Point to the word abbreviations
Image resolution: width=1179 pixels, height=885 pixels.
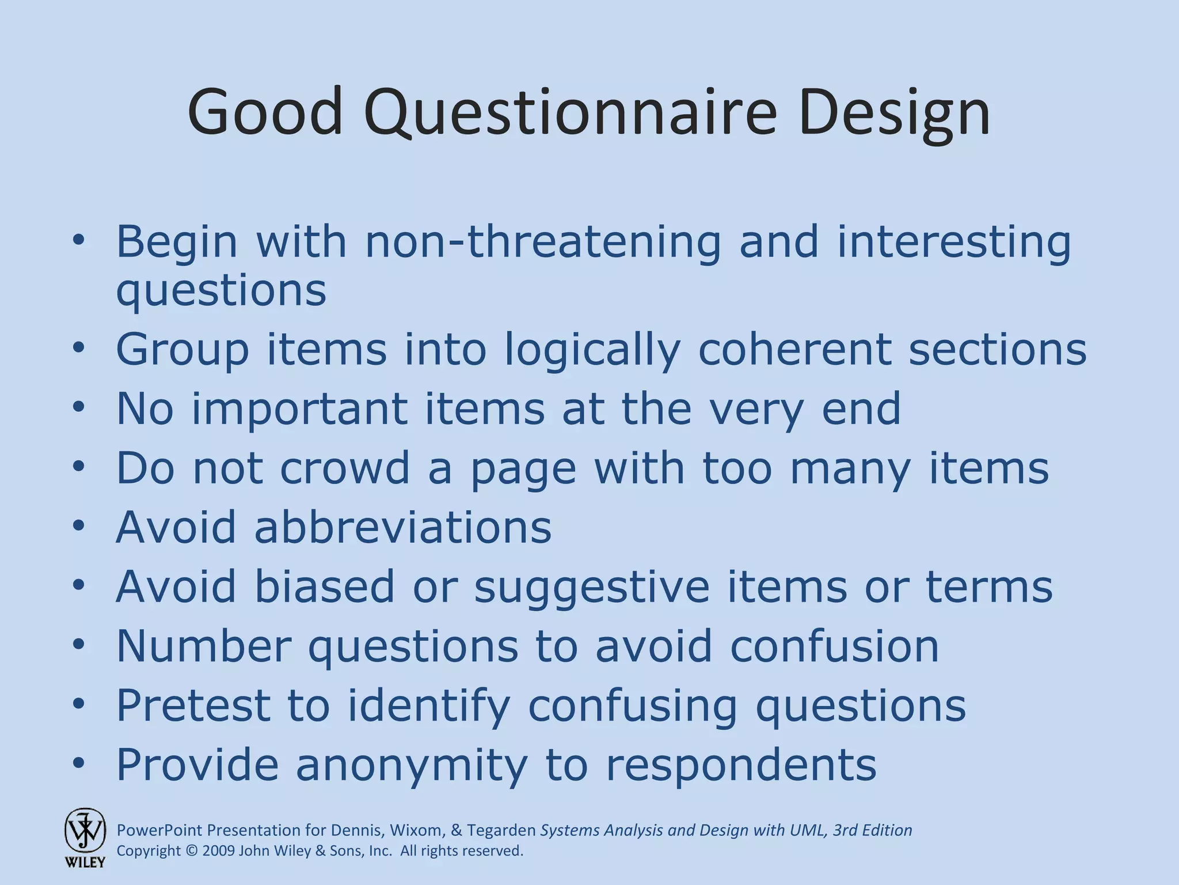[x=402, y=527]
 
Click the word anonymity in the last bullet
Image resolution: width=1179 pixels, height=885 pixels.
[x=411, y=765]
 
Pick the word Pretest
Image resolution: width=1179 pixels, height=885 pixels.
[x=193, y=705]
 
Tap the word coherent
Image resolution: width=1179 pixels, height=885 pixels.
[x=794, y=349]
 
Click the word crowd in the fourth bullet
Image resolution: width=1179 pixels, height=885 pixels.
[x=345, y=468]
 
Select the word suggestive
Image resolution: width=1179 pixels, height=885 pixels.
[x=592, y=587]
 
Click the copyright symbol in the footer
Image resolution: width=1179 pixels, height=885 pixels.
[x=192, y=851]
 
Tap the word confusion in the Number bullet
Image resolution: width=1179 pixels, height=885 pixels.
[x=834, y=646]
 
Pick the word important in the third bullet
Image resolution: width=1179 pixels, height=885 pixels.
[x=299, y=409]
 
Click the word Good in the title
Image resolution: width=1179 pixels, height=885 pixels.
[x=265, y=112]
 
